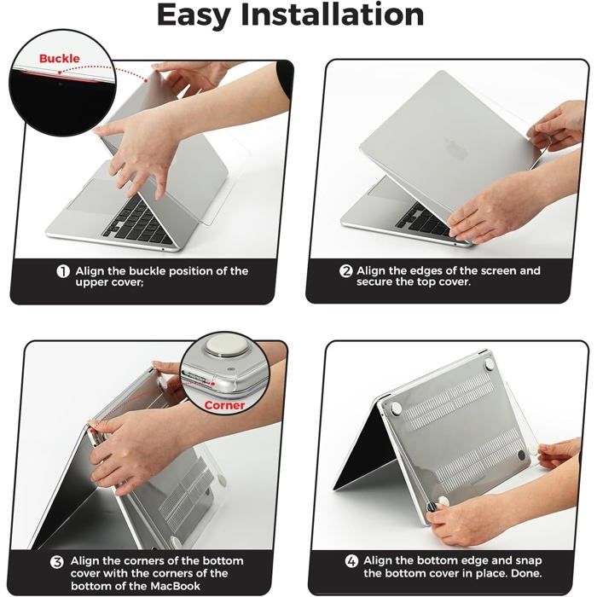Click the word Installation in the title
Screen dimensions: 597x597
pos(333,14)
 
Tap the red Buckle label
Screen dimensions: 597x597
pos(59,59)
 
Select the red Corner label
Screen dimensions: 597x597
pos(224,405)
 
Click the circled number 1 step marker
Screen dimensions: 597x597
pos(63,271)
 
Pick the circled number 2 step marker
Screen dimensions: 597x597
pos(345,271)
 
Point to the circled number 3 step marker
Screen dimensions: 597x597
pos(57,562)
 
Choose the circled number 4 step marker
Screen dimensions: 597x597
pos(351,561)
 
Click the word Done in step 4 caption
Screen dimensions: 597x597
pos(526,573)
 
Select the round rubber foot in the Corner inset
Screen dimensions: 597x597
pos(222,345)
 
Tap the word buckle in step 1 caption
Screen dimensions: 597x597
pos(147,271)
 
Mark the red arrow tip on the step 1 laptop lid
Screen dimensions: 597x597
pos(147,80)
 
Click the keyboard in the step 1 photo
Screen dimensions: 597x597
pos(138,223)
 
